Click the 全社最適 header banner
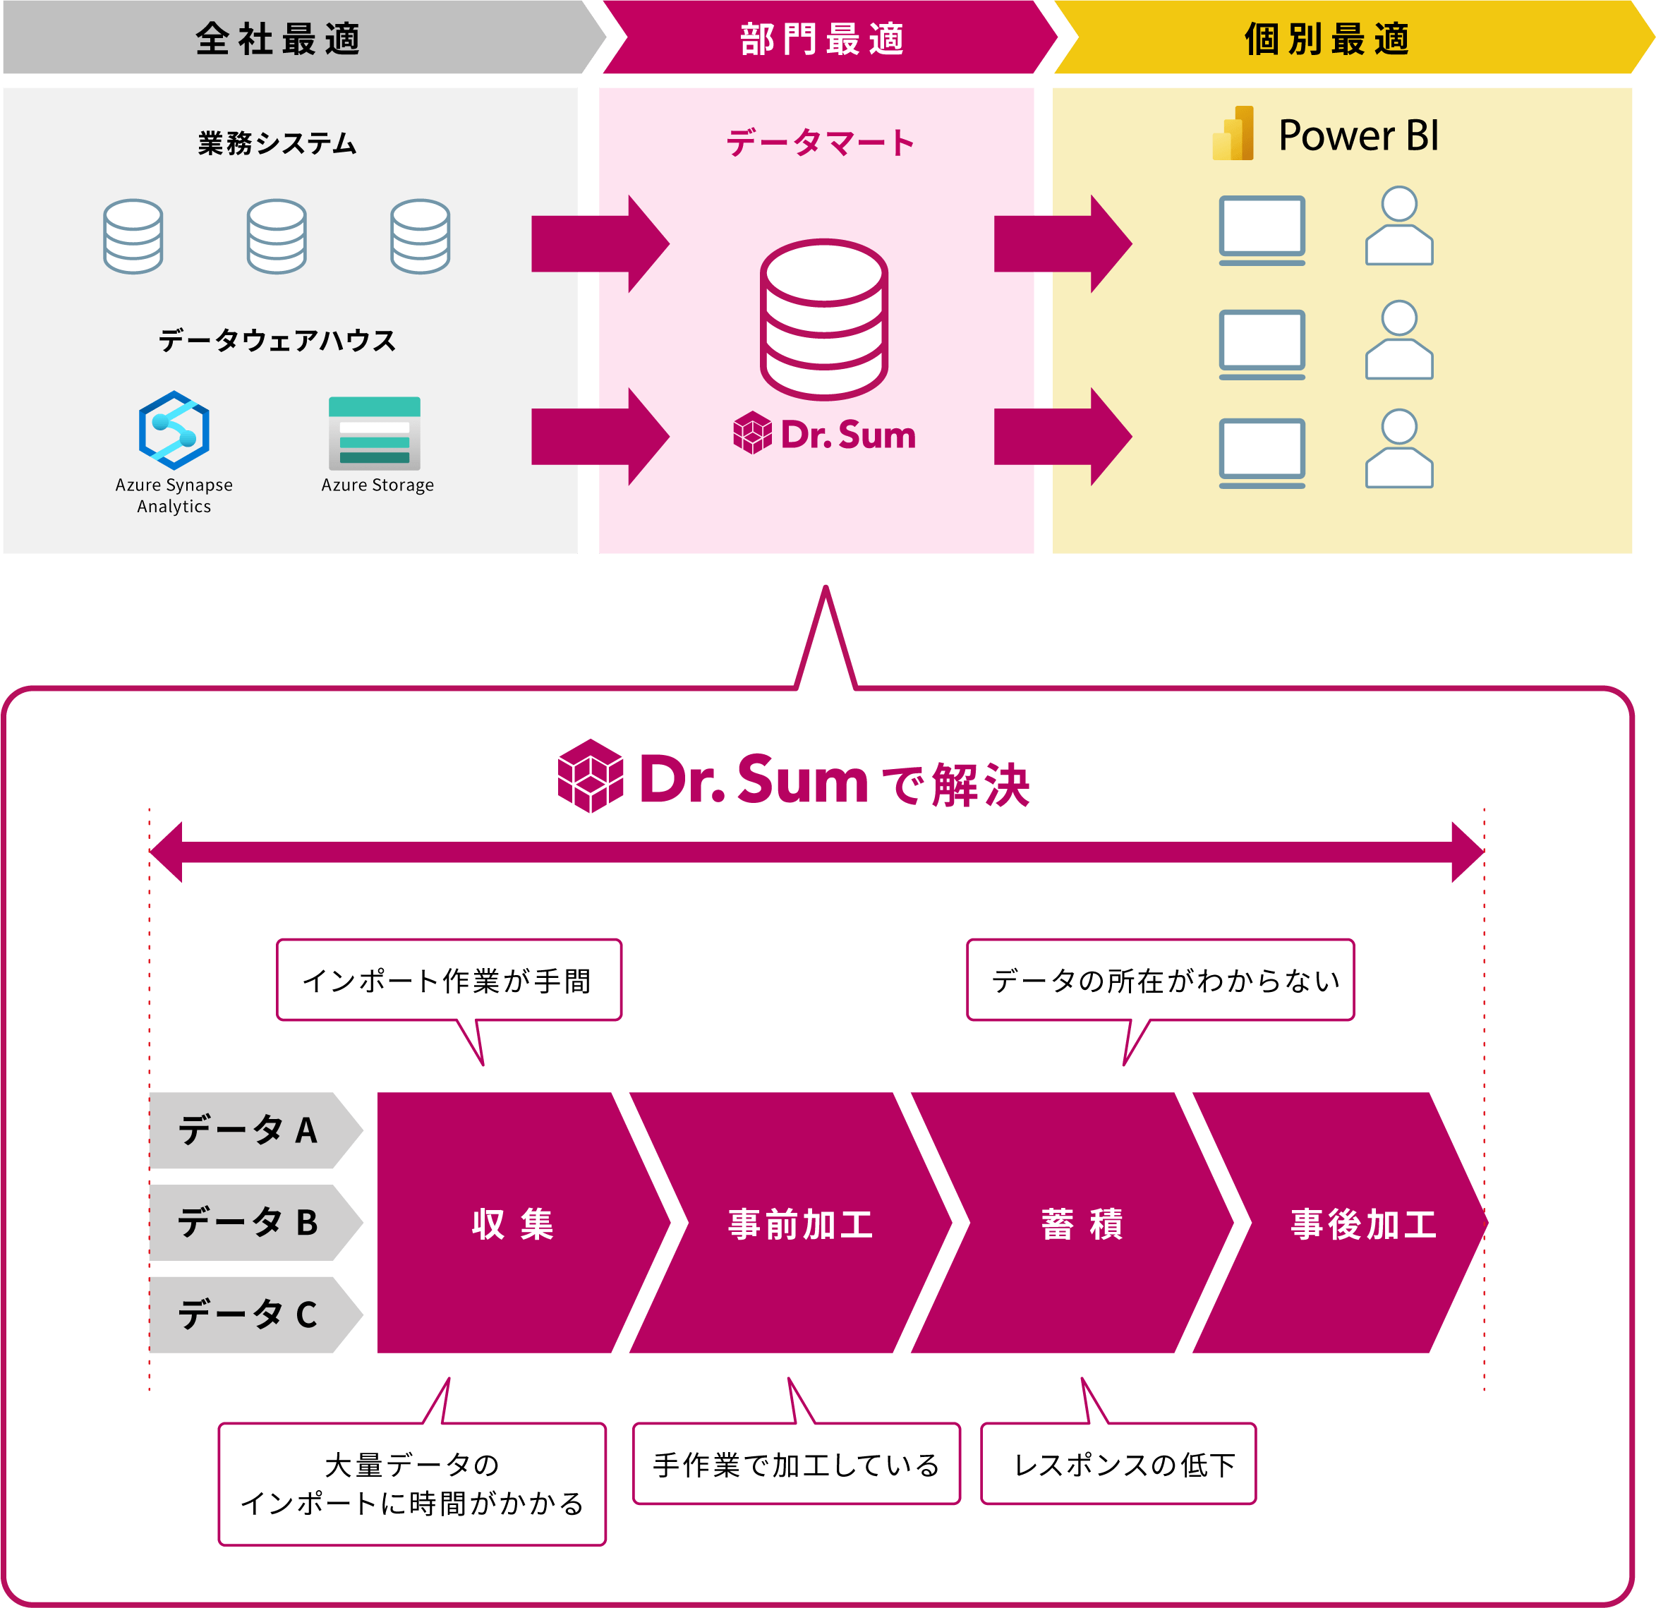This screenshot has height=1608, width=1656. (279, 39)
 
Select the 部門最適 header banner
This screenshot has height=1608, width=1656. (822, 39)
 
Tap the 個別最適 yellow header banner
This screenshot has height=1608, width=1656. (1326, 39)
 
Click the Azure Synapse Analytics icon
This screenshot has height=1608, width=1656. (174, 430)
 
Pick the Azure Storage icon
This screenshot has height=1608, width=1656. (374, 433)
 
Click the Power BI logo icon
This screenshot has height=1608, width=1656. (1233, 133)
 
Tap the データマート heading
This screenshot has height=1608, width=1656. (821, 143)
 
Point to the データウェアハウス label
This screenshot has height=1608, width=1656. (277, 341)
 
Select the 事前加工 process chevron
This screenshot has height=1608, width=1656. (799, 1223)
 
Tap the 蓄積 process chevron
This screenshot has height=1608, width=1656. (1081, 1223)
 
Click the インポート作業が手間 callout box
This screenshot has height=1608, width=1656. (449, 980)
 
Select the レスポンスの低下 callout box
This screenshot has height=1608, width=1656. (1118, 1463)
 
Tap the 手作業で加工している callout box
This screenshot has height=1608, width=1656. (796, 1463)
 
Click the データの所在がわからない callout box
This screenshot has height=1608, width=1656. (1160, 980)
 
